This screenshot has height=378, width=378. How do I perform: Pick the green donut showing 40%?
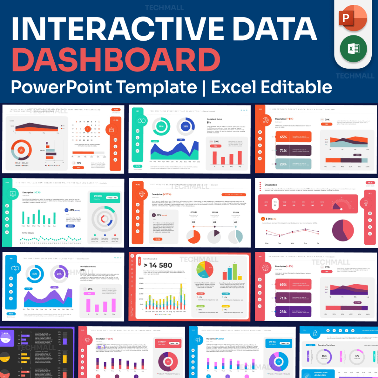point(161,126)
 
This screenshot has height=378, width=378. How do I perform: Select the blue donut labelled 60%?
point(34,274)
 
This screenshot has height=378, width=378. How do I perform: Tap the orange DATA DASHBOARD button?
point(233,195)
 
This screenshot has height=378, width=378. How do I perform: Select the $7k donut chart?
point(357,356)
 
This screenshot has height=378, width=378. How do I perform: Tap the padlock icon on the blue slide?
point(315,334)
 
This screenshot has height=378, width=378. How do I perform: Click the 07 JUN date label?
point(193,213)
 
